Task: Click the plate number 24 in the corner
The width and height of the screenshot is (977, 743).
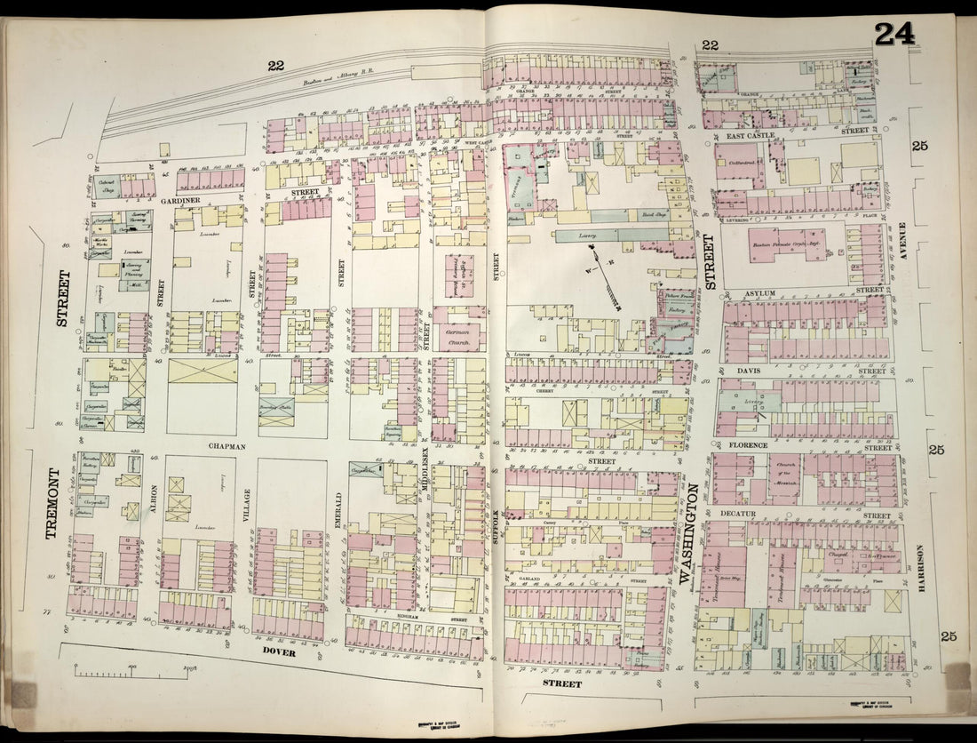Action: pyautogui.click(x=894, y=34)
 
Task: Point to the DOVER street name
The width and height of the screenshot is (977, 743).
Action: pyautogui.click(x=278, y=651)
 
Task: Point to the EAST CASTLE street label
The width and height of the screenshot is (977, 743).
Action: pyautogui.click(x=750, y=134)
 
